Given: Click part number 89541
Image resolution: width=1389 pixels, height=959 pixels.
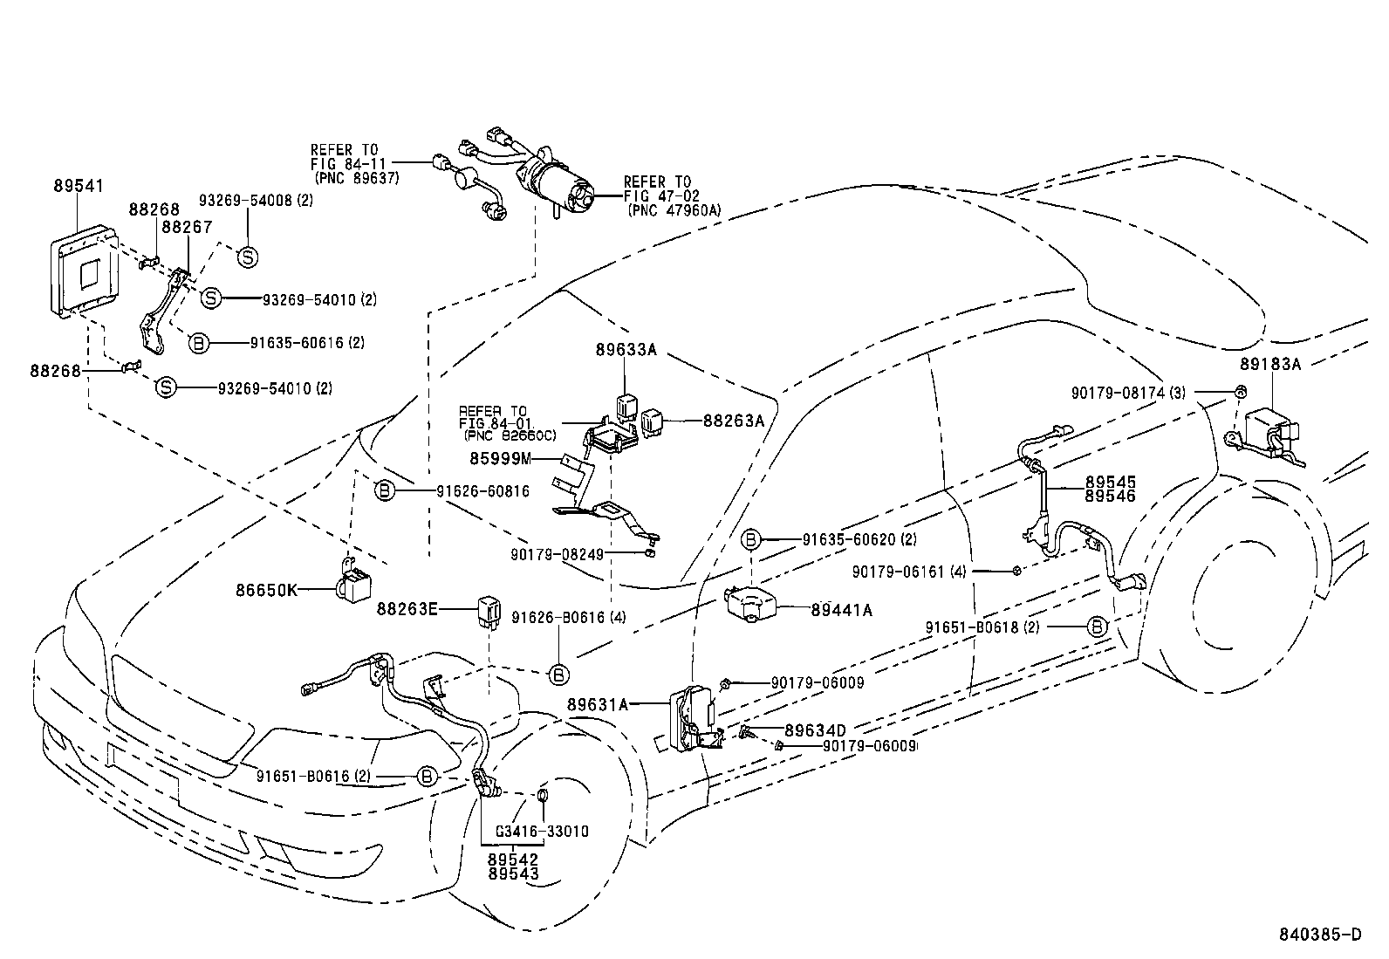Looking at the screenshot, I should coord(78,186).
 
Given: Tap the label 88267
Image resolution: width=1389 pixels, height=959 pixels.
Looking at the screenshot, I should coord(188,227).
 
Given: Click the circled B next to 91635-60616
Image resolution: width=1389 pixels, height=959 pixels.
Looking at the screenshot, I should coord(199,343).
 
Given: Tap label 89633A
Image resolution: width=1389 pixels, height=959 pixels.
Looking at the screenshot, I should coord(626,349).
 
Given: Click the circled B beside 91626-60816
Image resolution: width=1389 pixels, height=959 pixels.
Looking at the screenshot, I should coord(384,491).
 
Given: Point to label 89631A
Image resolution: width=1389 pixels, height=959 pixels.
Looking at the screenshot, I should coord(597,703).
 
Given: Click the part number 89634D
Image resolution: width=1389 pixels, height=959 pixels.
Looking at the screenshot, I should coord(815,730).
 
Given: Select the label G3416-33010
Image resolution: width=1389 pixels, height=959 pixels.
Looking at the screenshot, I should coord(541,831).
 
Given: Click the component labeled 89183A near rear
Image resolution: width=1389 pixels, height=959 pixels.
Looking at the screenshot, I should coord(1267,433).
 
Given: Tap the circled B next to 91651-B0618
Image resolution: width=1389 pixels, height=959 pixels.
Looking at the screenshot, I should coord(1097,627).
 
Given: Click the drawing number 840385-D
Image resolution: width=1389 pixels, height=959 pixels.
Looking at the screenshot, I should coord(1319,935).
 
